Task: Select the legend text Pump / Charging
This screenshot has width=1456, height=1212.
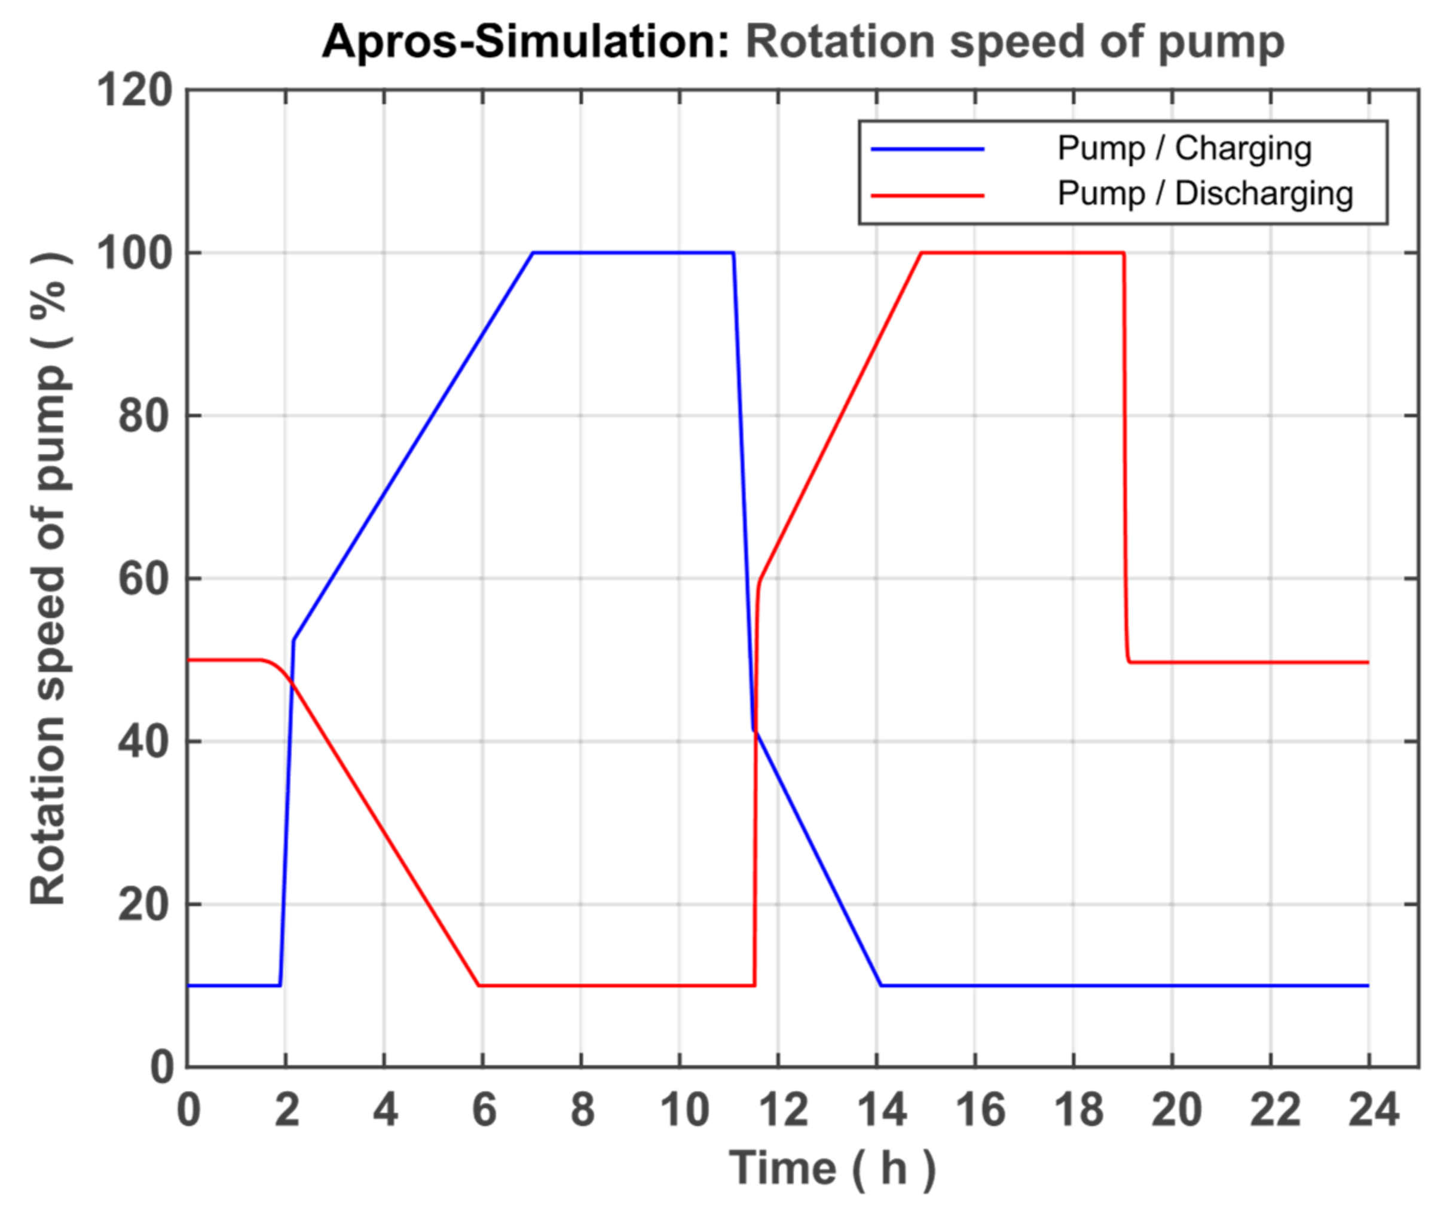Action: [x=1184, y=149]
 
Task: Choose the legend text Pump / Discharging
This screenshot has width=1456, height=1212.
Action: [x=1205, y=194]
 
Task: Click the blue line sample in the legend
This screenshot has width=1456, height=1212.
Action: [x=928, y=149]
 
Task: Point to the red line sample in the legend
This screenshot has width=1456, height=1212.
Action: [x=928, y=195]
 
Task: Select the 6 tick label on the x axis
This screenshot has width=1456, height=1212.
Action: [x=484, y=1109]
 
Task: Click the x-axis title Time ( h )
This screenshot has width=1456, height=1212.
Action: [x=832, y=1169]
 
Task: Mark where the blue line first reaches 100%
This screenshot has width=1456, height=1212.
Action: [x=533, y=253]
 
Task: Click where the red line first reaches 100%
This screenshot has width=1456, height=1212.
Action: [x=922, y=253]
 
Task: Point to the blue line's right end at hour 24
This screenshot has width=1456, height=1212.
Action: [x=1369, y=985]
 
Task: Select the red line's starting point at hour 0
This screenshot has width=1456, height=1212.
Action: [x=189, y=659]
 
